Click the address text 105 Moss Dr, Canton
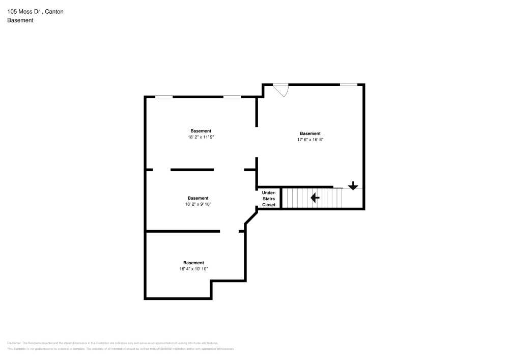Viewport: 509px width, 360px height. click(x=35, y=11)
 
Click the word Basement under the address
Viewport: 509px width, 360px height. click(x=20, y=20)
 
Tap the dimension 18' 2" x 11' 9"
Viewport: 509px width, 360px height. click(x=201, y=137)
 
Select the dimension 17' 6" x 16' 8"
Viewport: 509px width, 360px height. click(x=310, y=140)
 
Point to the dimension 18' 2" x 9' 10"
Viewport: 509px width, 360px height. click(x=197, y=204)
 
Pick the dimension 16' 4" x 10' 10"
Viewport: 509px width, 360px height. click(x=193, y=269)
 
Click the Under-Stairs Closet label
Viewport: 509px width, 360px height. click(x=268, y=199)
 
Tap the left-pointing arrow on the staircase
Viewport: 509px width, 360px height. click(x=315, y=197)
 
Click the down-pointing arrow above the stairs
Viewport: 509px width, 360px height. click(x=353, y=186)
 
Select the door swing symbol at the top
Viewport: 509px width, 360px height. click(x=281, y=90)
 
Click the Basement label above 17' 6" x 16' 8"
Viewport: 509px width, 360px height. click(x=310, y=133)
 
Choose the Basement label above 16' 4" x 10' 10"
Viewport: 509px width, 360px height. click(x=193, y=263)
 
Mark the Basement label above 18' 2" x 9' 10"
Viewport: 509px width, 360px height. click(x=197, y=198)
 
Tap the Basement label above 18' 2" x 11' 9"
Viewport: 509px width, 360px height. click(x=201, y=131)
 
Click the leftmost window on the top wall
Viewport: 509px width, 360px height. click(x=163, y=97)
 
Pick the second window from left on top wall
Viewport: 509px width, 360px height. click(x=232, y=97)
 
